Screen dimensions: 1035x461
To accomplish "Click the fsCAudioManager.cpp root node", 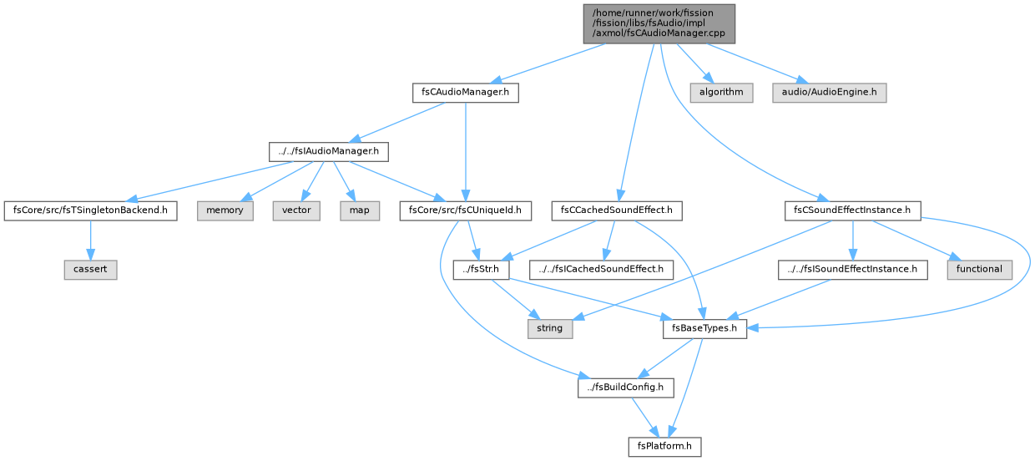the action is coord(659,24).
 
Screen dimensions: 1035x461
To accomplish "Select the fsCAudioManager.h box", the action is coord(465,93).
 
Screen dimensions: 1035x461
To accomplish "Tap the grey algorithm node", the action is coord(721,93).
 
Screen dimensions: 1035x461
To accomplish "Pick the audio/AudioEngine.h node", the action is coord(829,93).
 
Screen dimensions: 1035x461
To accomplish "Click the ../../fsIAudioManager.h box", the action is coord(329,152).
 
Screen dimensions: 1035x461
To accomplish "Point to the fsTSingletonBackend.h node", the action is coord(90,210).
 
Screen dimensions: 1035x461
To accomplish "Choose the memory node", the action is coord(225,210).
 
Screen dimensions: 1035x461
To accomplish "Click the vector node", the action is coord(296,210).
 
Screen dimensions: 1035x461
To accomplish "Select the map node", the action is coord(360,210).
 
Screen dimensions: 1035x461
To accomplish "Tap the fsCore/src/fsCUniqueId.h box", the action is coord(465,210).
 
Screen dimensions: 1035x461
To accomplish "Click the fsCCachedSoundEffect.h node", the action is coord(616,210).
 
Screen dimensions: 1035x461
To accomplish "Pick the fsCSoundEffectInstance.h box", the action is coord(852,210).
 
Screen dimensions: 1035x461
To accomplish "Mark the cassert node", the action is coord(90,270).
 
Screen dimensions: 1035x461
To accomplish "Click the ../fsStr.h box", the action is coord(481,270).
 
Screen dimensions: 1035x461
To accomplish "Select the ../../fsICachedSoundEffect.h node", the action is coord(601,270).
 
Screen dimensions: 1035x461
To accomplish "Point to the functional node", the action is coord(979,270).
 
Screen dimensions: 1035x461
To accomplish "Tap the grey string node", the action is coord(550,329).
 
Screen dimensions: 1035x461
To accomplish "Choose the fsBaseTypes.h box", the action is coord(704,329).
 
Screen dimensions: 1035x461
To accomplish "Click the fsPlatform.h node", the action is coord(664,447).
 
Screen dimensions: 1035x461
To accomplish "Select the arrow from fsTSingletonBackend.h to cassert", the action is coord(90,241).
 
